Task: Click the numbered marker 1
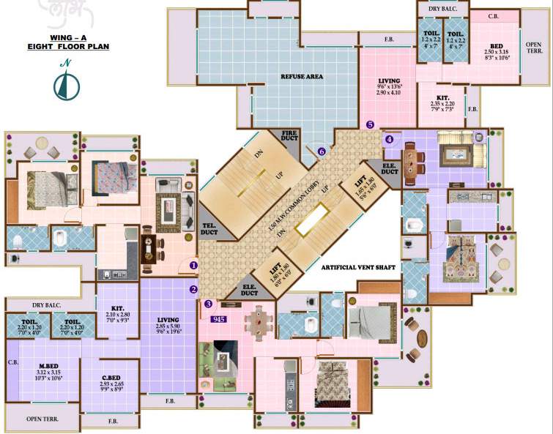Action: point(194,265)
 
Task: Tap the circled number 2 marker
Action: point(194,289)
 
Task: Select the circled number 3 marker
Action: point(208,304)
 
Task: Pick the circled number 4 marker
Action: point(390,139)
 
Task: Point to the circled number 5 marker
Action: point(371,124)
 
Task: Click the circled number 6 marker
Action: point(322,151)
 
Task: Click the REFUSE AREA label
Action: point(302,76)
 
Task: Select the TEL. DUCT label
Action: point(209,228)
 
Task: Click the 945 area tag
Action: point(218,319)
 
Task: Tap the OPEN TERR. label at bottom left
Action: point(42,419)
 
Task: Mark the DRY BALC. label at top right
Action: point(442,8)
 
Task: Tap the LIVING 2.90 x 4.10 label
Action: point(388,86)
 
